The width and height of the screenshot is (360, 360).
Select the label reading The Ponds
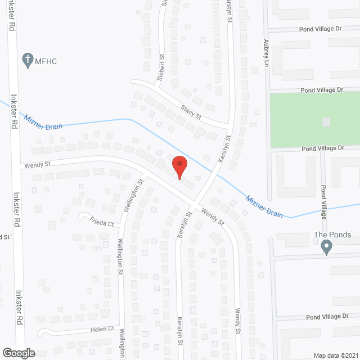333,235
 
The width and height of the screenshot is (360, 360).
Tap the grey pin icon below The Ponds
326,247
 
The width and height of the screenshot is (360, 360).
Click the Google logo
18,353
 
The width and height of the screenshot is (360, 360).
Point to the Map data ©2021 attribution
336,355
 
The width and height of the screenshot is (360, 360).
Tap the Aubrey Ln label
266,53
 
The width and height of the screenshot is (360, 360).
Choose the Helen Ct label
104,329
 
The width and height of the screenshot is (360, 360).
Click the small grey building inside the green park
326,121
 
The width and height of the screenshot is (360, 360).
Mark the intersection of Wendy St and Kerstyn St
195,201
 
